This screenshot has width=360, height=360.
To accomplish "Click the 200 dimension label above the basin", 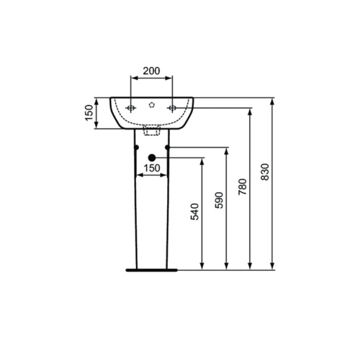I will point(151,71).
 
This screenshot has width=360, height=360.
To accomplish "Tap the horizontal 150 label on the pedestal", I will point(151,168).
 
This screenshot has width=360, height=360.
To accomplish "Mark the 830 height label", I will point(266,173).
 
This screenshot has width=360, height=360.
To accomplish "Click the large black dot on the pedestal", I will point(151,157).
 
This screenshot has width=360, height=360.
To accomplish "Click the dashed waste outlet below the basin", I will point(151,132).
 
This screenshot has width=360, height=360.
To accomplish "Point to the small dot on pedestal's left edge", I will point(135,148).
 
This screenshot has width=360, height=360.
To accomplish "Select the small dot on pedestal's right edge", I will point(168,148).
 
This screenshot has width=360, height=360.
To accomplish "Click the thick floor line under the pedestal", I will point(150,271).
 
